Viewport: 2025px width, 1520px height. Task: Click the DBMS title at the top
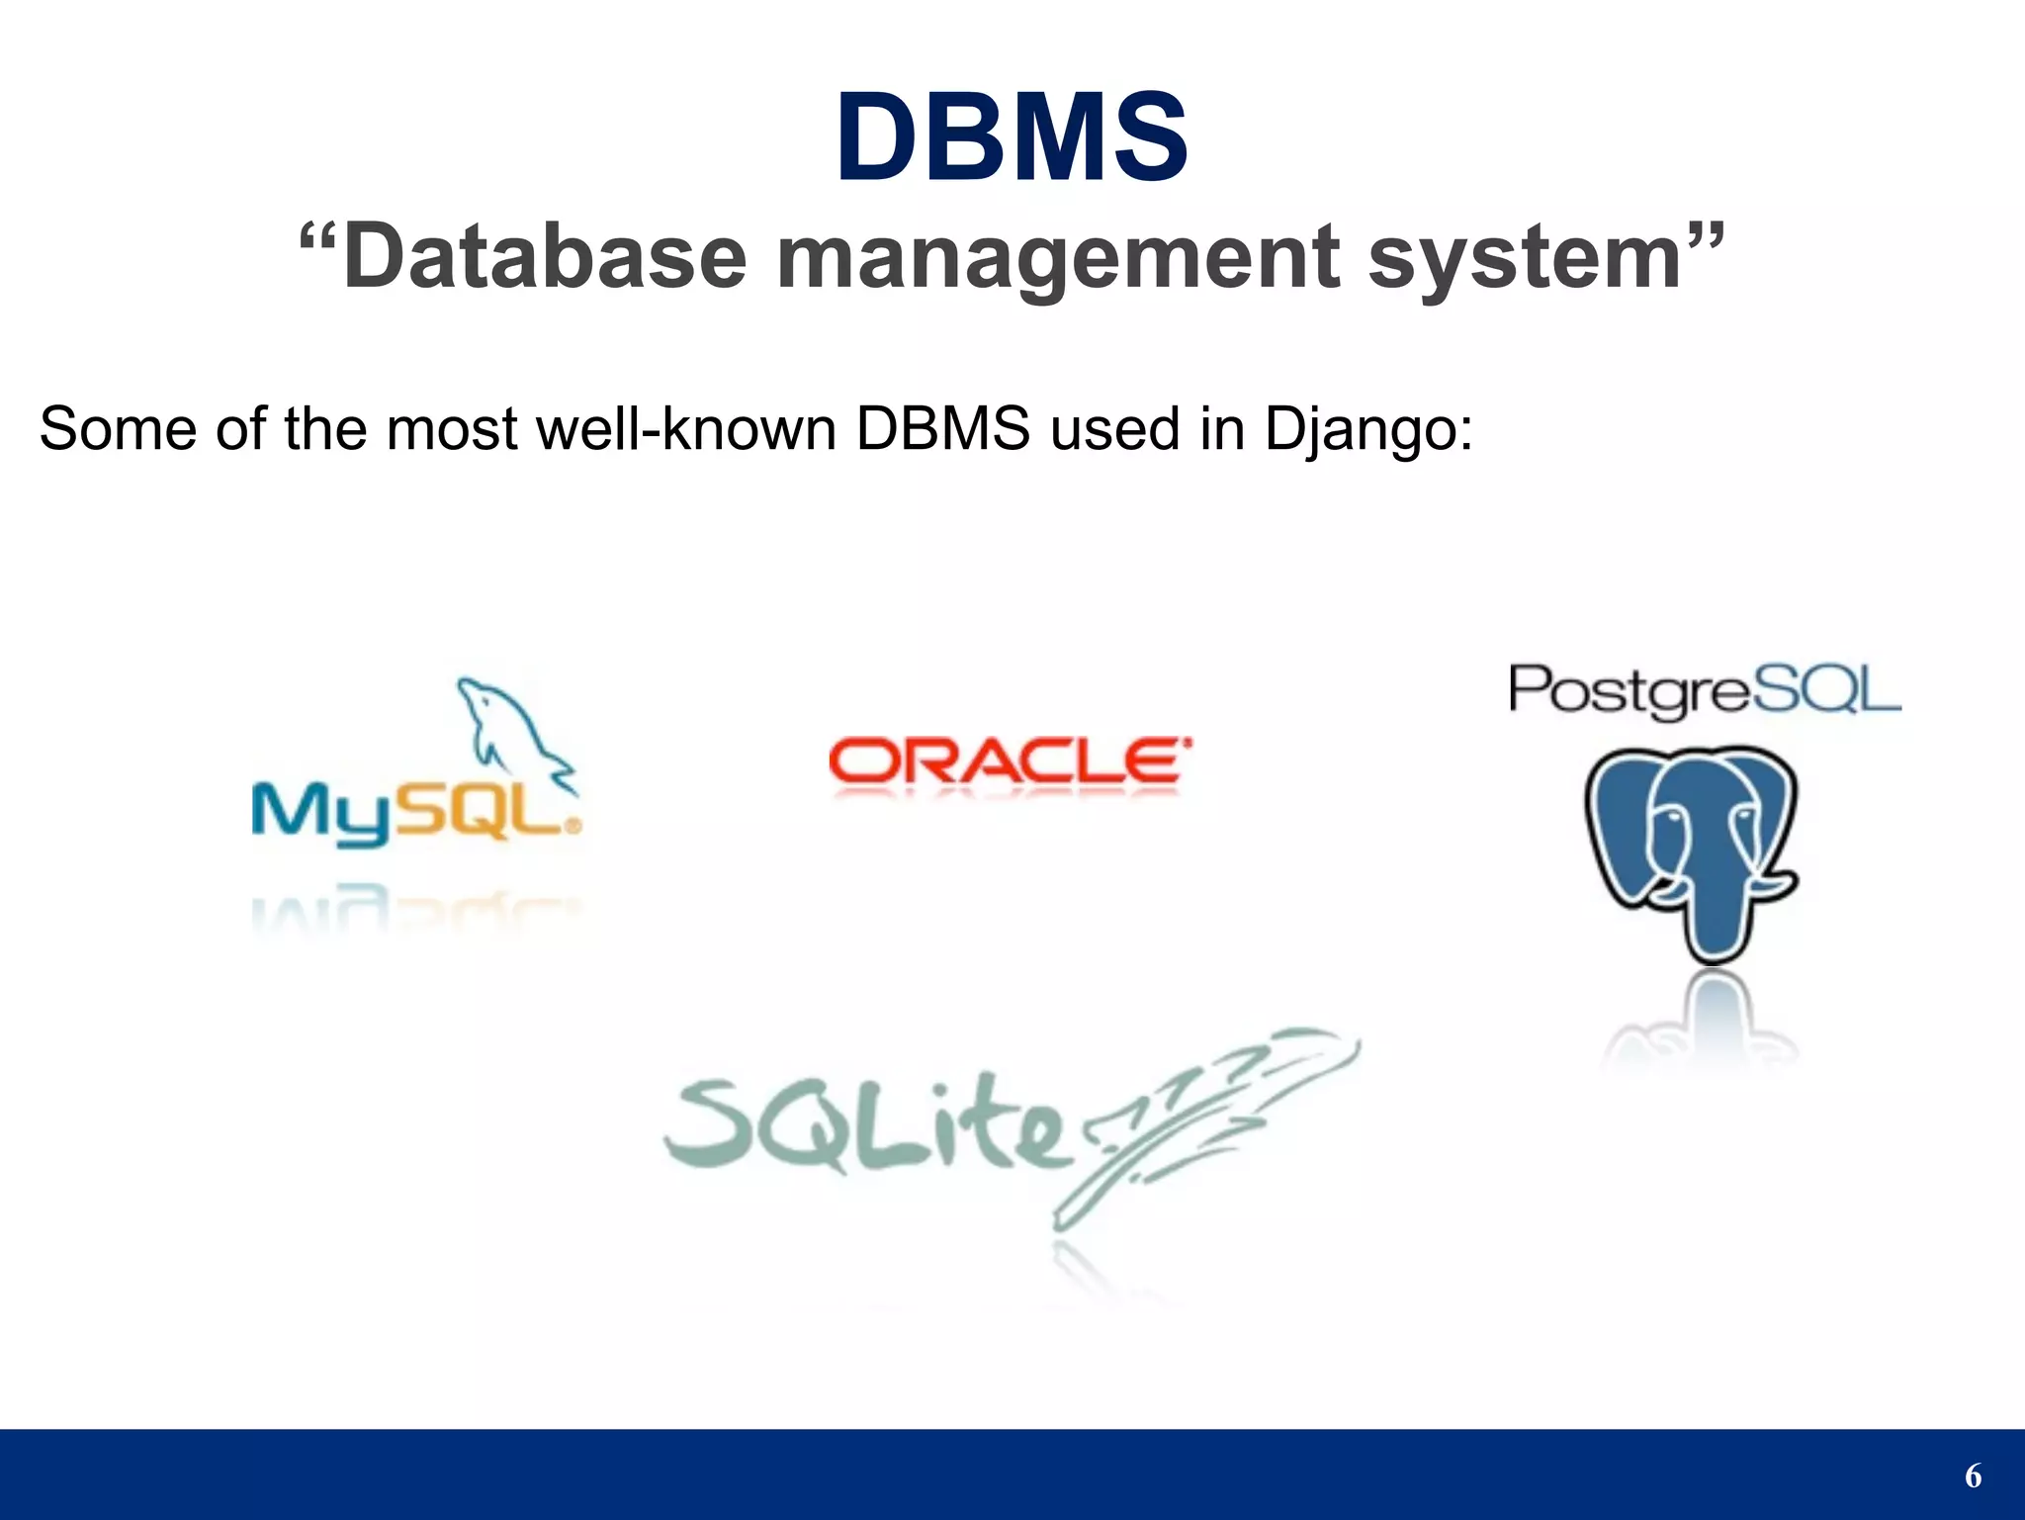1012,137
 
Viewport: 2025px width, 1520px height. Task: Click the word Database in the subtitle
544,258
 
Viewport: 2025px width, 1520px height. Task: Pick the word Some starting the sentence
118,429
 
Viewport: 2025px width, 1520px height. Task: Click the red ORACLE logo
1009,761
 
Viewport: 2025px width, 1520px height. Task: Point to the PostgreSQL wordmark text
1704,689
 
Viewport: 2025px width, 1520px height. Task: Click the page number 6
1973,1475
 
